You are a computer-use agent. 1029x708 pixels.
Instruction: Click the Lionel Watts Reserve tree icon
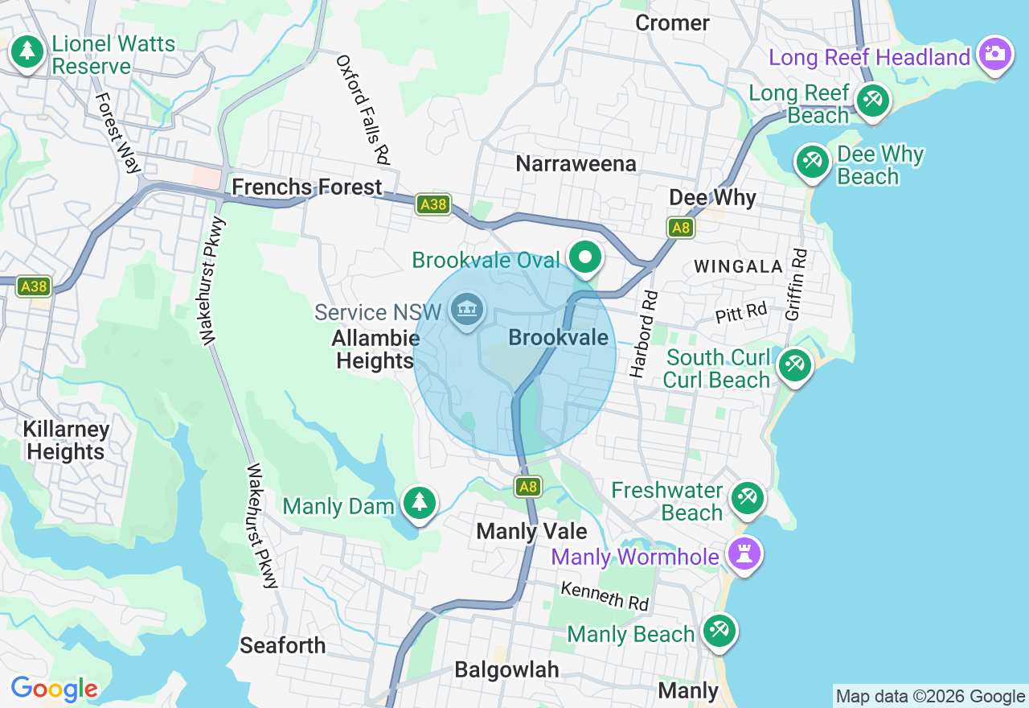tap(27, 52)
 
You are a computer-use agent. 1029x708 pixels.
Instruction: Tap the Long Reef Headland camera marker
tap(995, 54)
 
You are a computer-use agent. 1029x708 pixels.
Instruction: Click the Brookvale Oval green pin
tap(586, 258)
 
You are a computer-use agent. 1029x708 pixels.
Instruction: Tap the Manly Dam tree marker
tap(419, 503)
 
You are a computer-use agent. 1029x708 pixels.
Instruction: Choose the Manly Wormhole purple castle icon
tap(744, 554)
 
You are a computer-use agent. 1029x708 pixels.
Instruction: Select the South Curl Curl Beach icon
tap(795, 366)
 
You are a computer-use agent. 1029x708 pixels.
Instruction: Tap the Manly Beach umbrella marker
tap(719, 632)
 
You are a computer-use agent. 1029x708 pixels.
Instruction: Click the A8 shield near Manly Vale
tap(528, 486)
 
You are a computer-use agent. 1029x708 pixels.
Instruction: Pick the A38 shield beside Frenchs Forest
tap(433, 204)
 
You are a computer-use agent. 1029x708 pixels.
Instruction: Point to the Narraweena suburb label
tap(576, 164)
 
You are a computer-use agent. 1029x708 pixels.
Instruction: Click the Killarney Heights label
tap(66, 440)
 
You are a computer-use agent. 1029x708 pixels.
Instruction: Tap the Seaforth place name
tap(283, 645)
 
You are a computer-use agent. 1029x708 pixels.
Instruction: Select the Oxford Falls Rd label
tap(363, 110)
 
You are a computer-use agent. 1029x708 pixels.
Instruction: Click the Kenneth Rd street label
tap(605, 596)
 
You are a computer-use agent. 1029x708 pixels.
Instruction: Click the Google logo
tap(54, 689)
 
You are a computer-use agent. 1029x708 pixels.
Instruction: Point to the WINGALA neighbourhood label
tap(737, 266)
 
